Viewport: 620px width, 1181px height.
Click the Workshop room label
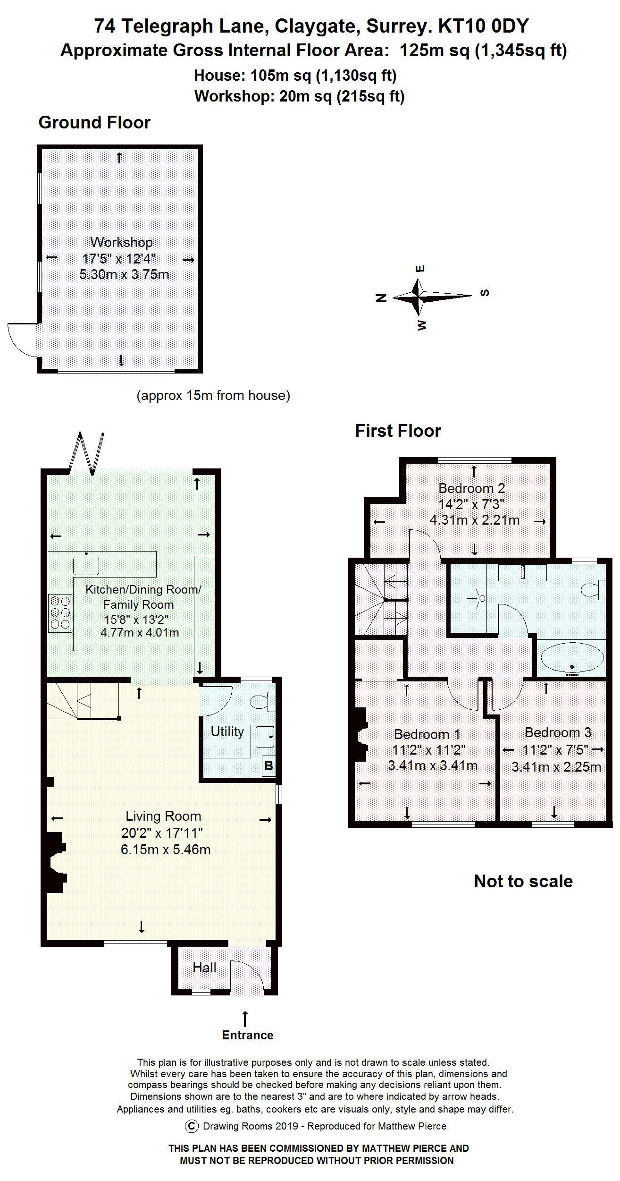[122, 242]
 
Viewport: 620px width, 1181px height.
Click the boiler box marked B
[268, 765]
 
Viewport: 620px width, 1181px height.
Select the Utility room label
[227, 731]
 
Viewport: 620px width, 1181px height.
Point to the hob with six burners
[60, 613]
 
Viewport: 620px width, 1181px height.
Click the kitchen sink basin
[86, 565]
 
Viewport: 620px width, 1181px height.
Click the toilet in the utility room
[263, 702]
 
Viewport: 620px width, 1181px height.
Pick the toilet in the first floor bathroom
[594, 590]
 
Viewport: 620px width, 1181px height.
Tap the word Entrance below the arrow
[248, 1035]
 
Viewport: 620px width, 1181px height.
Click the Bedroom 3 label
[558, 732]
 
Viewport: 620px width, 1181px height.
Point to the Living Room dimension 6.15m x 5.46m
[166, 850]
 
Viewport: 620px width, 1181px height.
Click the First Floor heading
[398, 431]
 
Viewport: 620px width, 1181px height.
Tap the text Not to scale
[523, 881]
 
